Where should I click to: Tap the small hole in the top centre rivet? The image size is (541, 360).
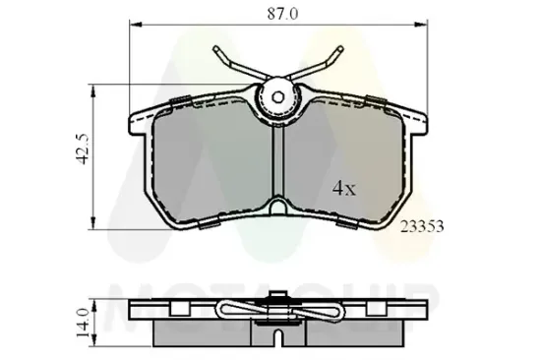[276, 96]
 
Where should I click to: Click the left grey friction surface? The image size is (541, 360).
[211, 162]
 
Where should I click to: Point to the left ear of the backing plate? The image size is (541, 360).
[138, 123]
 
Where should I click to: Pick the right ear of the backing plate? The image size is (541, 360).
[419, 123]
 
